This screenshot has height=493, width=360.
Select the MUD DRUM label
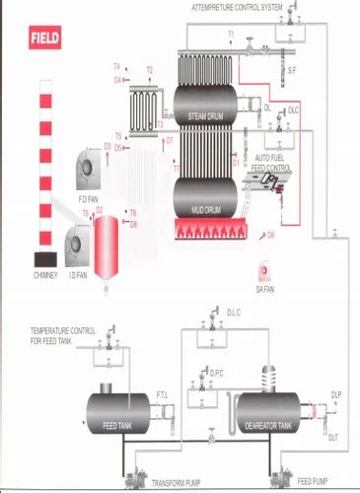[x=207, y=209]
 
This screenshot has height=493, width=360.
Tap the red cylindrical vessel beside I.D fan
[x=104, y=237]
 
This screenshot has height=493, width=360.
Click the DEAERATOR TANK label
[x=267, y=425]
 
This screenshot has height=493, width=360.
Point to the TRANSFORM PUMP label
[x=178, y=482]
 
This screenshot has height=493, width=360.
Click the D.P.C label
[x=218, y=372]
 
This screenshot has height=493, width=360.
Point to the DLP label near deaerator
[x=335, y=393]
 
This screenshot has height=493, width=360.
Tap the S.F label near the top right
[x=291, y=69]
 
